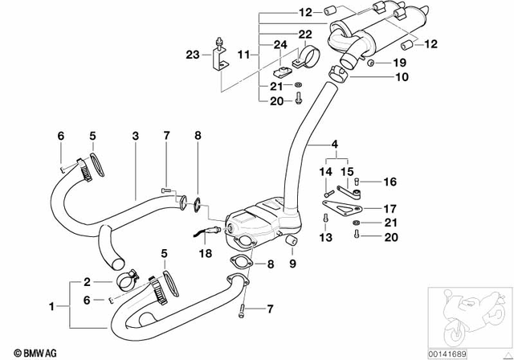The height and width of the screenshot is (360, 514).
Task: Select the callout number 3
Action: click(136, 136)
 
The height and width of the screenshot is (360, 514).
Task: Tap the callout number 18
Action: click(206, 252)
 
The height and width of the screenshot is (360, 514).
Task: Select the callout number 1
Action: click(52, 307)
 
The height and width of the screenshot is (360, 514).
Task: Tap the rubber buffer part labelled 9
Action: click(292, 243)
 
